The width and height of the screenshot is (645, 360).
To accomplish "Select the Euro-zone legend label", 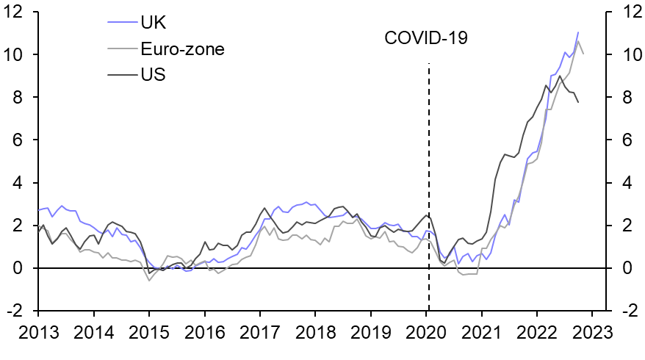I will point(182,49).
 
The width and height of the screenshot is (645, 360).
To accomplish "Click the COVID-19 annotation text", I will point(426,38).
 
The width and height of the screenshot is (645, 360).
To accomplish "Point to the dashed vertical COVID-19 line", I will point(428,184).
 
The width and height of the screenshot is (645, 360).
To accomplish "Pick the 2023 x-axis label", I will point(592,331).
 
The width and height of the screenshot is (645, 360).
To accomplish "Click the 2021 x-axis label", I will point(481,331).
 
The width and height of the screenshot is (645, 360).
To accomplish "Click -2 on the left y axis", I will point(19,312).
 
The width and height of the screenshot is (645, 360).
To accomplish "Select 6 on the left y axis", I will point(24,140).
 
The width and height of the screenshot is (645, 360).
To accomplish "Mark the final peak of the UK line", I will point(577,32).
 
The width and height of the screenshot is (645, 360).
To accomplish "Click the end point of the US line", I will point(577,102).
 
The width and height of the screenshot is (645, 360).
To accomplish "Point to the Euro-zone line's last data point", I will point(583,54).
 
